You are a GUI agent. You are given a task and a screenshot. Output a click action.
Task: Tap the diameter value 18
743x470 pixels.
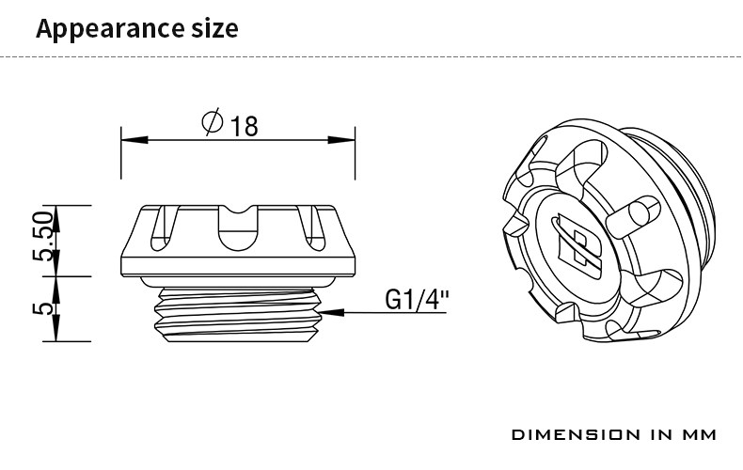(x=244, y=126)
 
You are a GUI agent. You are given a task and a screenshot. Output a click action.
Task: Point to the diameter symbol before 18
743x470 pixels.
(x=212, y=121)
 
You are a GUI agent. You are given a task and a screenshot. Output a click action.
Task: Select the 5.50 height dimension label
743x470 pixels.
(x=43, y=237)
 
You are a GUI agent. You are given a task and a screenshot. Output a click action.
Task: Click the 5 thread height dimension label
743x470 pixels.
(x=43, y=308)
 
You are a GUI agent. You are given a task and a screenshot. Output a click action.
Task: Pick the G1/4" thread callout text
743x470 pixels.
(x=417, y=299)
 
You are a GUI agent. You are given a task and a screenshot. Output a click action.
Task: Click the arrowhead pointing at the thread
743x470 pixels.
(x=332, y=312)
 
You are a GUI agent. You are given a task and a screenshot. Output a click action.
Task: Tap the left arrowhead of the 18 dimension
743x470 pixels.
(x=134, y=140)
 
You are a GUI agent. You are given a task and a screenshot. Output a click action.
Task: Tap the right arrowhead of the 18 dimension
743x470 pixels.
(x=341, y=140)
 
